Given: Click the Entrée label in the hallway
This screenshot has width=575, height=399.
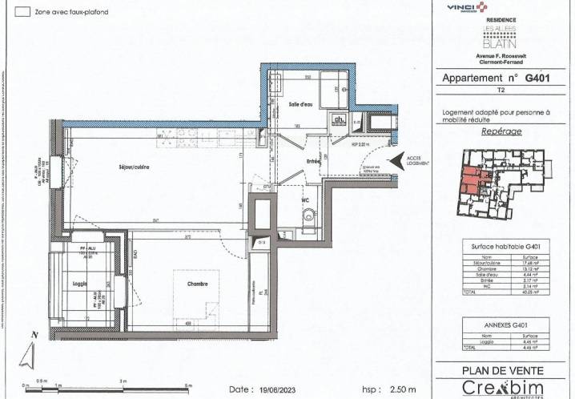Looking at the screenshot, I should coord(312,161).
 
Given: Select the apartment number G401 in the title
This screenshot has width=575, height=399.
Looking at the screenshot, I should coord(538,79).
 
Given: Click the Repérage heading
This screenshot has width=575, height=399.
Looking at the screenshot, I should coord(502,131).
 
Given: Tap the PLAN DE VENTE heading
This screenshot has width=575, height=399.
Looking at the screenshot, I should coord(502,370).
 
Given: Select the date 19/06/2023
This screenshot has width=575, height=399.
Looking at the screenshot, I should coord(272,389).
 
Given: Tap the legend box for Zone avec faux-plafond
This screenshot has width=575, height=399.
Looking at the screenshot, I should coord(24,12).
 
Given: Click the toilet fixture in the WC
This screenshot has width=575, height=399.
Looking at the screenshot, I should coord(308,217).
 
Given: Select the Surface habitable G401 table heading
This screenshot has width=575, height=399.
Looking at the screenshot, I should coord(502,246).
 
